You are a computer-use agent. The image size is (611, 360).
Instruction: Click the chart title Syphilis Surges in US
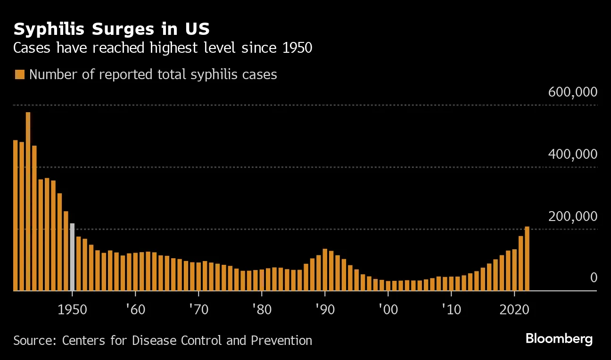click(x=112, y=29)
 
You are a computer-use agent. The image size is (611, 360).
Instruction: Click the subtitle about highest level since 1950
click(x=163, y=48)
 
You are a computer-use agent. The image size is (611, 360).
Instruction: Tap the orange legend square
click(x=19, y=74)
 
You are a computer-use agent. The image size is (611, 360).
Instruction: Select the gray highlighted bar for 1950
click(x=72, y=257)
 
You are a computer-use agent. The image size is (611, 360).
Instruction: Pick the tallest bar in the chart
click(x=28, y=202)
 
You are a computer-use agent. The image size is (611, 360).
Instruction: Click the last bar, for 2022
click(x=527, y=259)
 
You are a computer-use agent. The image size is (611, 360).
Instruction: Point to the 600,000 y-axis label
click(x=572, y=92)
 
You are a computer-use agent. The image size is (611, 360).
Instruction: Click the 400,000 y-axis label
click(x=572, y=155)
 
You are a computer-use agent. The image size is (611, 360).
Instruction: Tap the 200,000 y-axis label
click(x=572, y=217)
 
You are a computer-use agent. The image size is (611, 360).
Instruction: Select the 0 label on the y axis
click(x=594, y=278)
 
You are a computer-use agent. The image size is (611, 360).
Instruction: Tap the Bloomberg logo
click(x=559, y=339)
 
